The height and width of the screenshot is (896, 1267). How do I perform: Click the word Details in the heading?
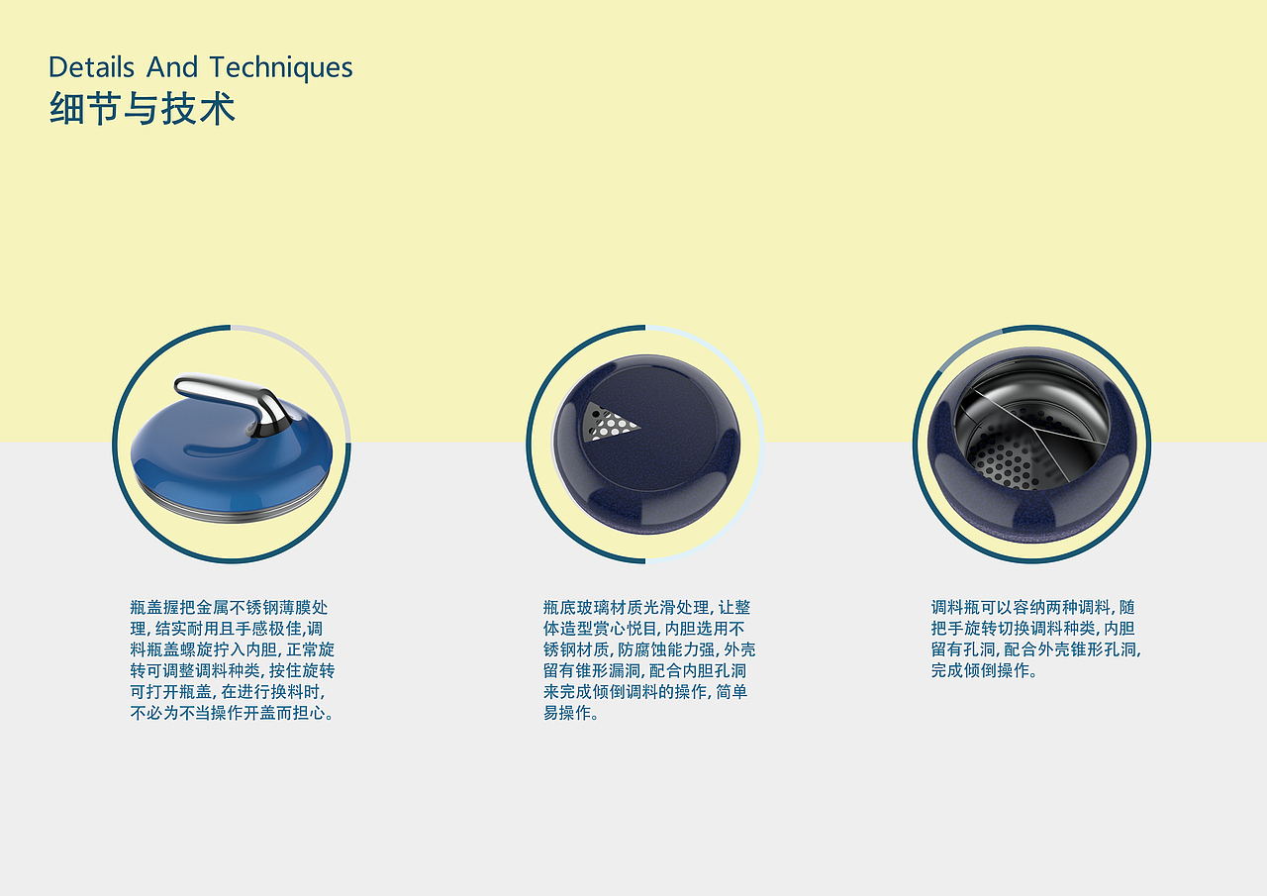92,66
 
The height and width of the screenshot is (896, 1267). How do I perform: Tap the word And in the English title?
172,66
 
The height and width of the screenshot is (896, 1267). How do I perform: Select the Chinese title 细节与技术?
142,109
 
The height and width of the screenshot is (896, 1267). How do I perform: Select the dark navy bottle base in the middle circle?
646,445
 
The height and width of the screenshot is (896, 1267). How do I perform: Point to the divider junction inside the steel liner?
1036,430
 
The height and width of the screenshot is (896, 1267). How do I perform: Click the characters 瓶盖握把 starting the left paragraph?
163,608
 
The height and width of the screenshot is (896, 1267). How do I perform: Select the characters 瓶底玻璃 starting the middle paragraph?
576,608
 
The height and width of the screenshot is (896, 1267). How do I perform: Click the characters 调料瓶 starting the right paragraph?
956,608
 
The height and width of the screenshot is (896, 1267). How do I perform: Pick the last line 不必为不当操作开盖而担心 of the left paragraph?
232,713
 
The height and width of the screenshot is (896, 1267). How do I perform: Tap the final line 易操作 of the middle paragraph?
571,713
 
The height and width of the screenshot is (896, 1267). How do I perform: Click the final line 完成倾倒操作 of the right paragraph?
984,671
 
